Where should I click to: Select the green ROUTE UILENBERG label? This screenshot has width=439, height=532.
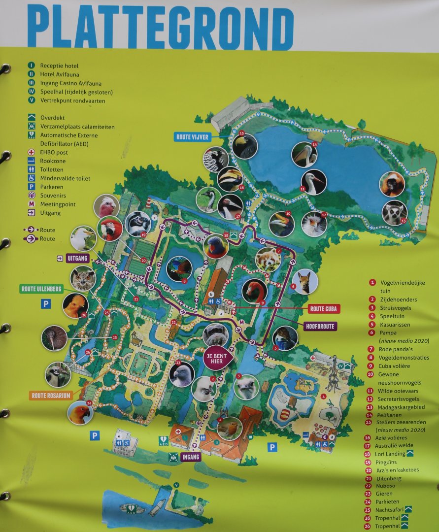[x=41, y=289]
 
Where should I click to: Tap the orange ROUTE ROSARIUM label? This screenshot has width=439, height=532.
[x=51, y=395]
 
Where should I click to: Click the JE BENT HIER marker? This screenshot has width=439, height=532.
[x=217, y=358]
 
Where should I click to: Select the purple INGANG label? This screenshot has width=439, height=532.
[x=191, y=457]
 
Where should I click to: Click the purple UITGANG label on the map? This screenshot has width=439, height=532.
[x=78, y=257]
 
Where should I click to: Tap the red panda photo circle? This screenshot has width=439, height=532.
[x=268, y=259]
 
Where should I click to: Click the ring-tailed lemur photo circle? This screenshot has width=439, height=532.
[x=394, y=213]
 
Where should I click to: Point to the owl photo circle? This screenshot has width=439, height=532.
[x=82, y=279]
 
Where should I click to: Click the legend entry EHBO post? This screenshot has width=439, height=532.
[x=53, y=152]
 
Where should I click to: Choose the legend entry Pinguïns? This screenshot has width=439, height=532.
[x=389, y=462]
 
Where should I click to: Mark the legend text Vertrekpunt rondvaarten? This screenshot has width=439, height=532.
[x=72, y=100]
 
